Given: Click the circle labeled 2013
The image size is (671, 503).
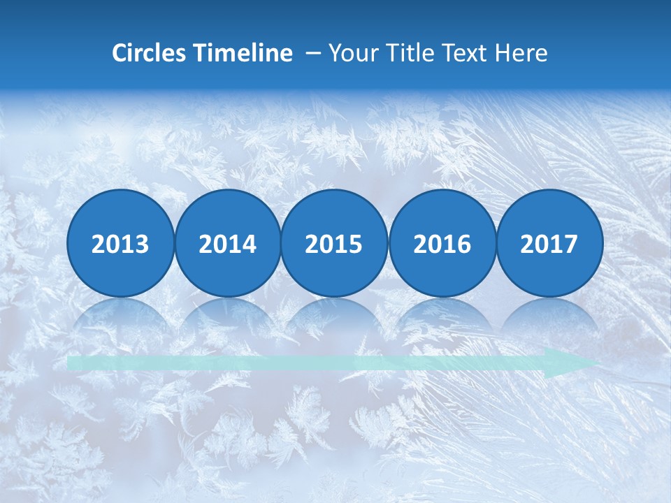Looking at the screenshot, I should pyautogui.click(x=120, y=243).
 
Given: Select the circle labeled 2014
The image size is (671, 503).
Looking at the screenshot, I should pyautogui.click(x=228, y=243).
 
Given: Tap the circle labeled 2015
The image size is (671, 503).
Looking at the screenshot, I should pyautogui.click(x=334, y=243).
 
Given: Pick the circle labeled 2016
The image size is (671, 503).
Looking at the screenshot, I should pyautogui.click(x=442, y=243).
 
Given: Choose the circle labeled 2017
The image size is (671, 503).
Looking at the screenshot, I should pyautogui.click(x=549, y=243).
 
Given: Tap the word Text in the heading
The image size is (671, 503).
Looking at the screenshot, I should pyautogui.click(x=464, y=53).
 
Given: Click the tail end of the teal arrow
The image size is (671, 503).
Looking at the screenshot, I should pyautogui.click(x=73, y=363).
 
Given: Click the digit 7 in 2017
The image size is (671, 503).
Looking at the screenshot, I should pyautogui.click(x=570, y=244).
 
